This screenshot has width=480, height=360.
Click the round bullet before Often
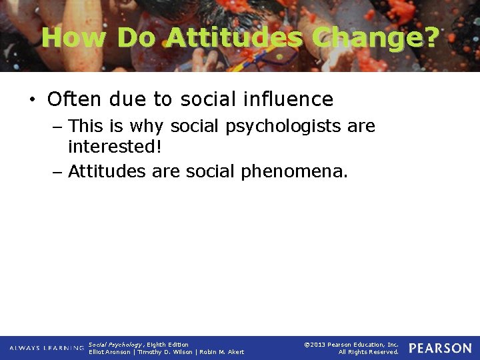[x=32, y=100]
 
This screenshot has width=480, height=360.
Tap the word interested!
[x=115, y=146]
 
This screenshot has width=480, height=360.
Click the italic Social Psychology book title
[x=115, y=345]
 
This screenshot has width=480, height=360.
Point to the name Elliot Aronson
[x=110, y=352]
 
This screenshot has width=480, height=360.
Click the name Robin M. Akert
[x=222, y=352]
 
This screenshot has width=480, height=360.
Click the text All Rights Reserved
[x=368, y=352]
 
